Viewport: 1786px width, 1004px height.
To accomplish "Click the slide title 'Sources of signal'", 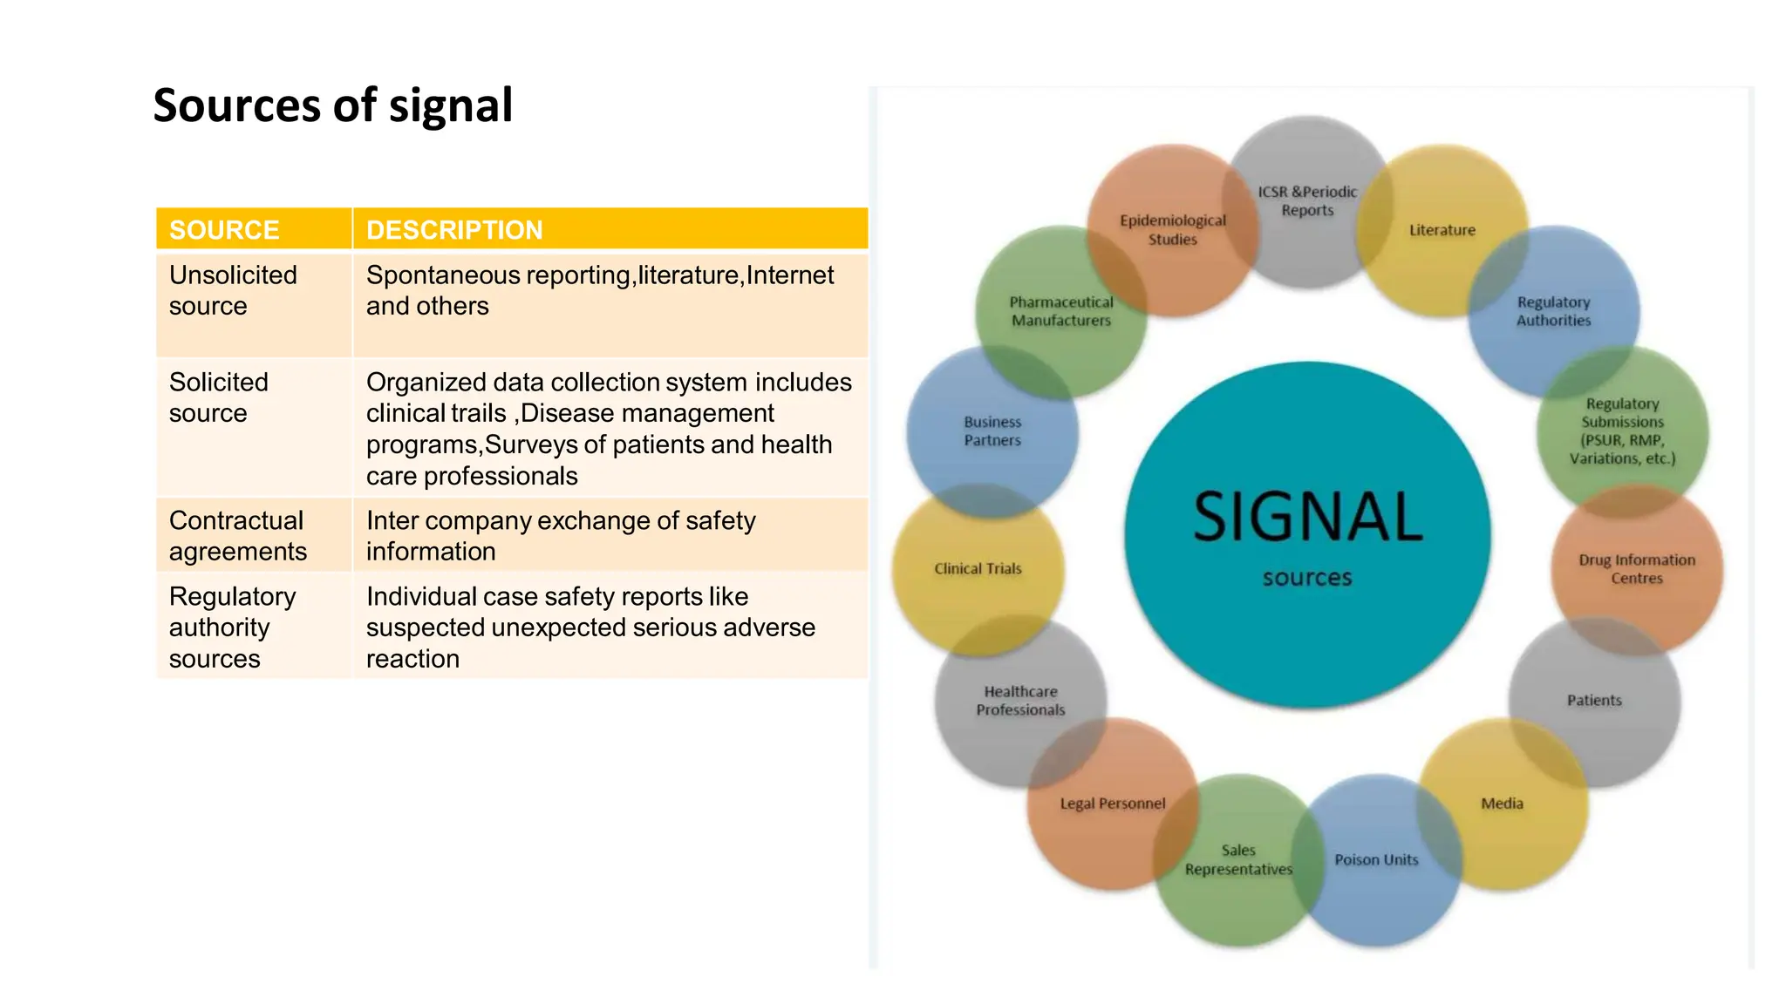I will [332, 105].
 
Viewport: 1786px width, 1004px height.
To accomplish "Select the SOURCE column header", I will [224, 229].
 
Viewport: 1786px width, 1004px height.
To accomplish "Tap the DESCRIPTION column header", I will [454, 229].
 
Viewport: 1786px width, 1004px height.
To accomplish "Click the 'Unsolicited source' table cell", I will [233, 290].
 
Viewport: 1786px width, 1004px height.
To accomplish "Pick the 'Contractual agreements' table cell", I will [237, 535].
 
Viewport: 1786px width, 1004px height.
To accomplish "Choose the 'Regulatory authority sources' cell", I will [232, 627].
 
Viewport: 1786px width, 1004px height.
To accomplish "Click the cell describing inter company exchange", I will [560, 535].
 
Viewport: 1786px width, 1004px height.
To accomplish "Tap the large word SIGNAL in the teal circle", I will [1307, 517].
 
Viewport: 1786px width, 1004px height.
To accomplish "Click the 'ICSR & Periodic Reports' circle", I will [1307, 200].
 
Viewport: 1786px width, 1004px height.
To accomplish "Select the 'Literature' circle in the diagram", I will [1442, 230].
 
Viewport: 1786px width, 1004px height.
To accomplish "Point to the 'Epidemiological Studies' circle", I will [1173, 229].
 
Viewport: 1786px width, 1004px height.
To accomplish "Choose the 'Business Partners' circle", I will [992, 431].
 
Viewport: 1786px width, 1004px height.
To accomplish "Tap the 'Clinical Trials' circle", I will [978, 568].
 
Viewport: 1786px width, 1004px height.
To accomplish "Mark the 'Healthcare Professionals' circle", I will [1020, 701].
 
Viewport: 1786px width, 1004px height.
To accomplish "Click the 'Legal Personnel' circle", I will [1112, 804].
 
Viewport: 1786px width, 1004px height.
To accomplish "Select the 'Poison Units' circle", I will [1376, 859].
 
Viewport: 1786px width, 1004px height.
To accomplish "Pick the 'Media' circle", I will [1502, 804].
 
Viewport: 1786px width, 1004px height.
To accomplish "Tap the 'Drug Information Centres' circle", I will [1637, 568].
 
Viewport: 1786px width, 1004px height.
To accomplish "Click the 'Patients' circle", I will [1594, 700].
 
